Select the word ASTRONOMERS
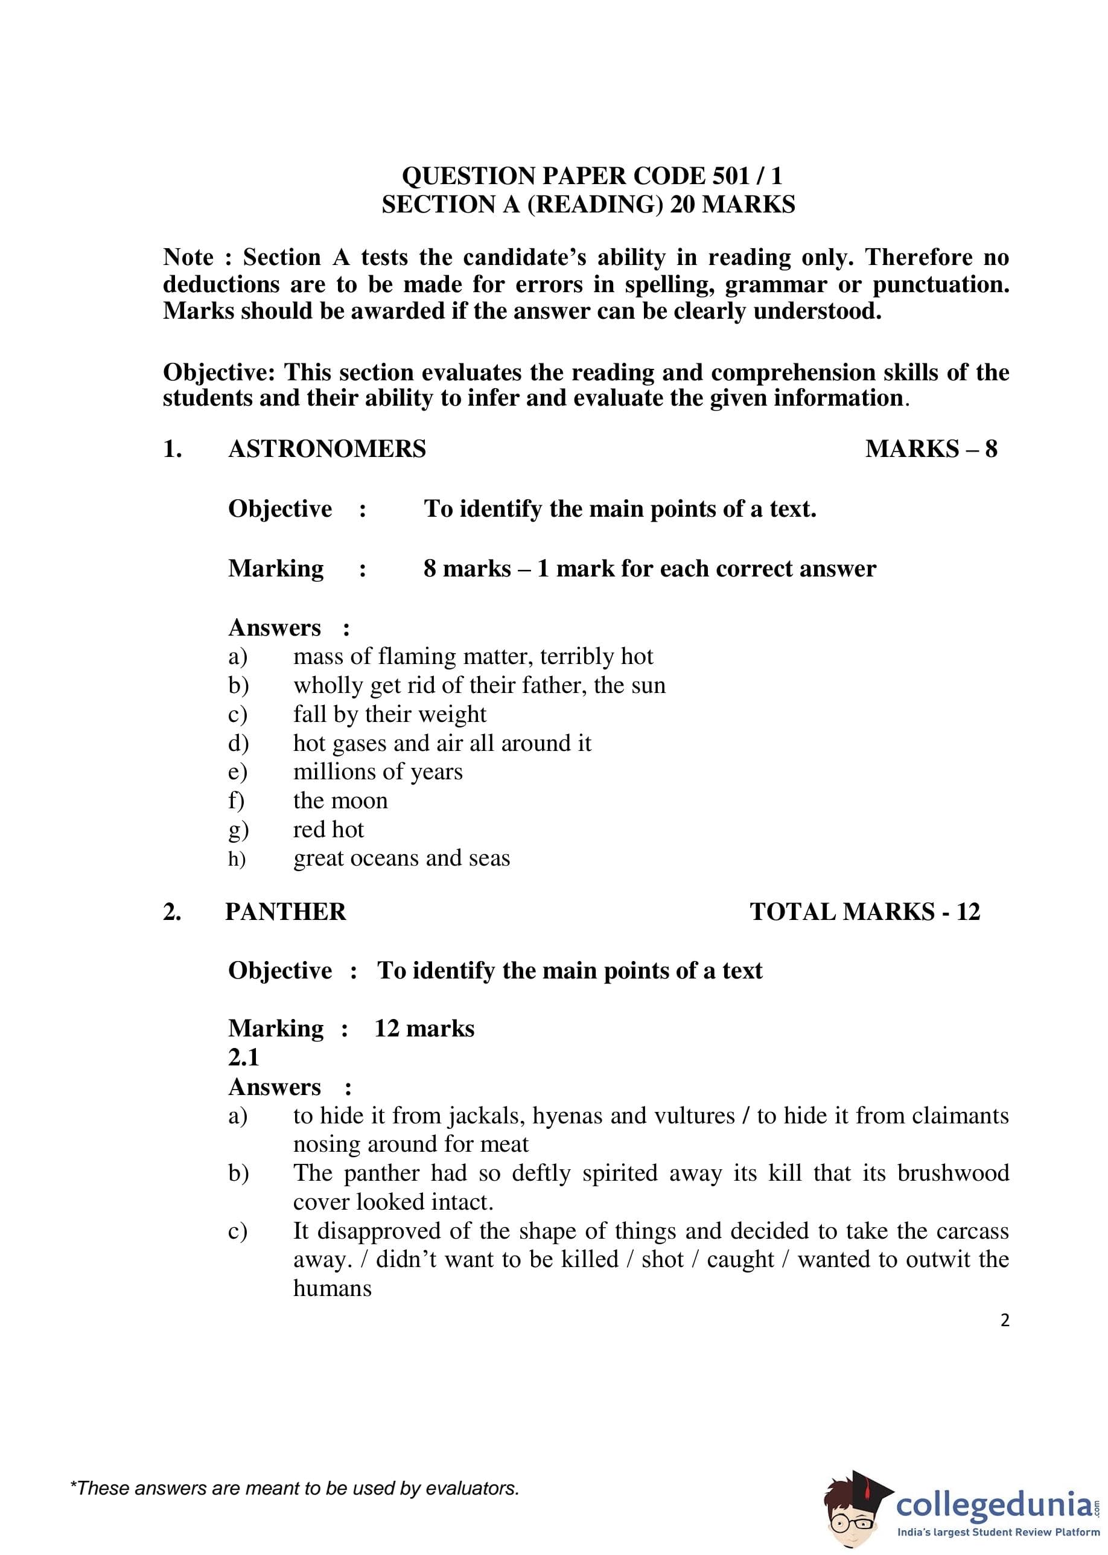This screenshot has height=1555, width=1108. point(327,449)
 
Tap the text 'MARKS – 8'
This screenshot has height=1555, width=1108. point(931,449)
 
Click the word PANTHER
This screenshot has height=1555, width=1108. point(285,912)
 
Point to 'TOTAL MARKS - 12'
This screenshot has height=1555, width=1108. point(864,912)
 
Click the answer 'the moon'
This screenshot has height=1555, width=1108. point(340,800)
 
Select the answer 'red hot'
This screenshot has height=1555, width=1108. point(328,829)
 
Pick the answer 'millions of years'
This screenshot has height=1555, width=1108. point(377,771)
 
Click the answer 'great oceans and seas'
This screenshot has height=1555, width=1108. point(401,858)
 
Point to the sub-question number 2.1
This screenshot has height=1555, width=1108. point(244,1057)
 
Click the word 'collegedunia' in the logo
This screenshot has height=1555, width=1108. point(993,1505)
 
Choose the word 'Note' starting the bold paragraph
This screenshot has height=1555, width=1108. point(188,257)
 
